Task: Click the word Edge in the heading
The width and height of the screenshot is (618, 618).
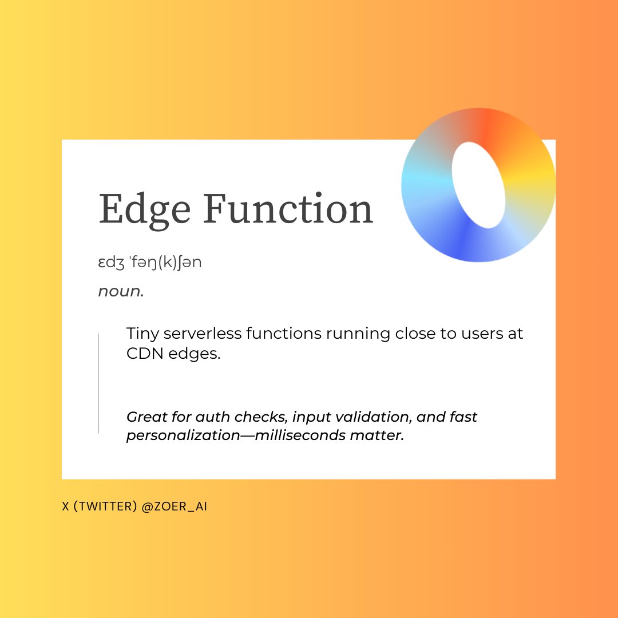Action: (x=145, y=209)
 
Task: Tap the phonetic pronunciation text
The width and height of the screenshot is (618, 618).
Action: (x=150, y=263)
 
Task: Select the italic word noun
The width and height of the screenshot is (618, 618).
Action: (x=120, y=291)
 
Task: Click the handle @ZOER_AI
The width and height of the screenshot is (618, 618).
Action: (x=174, y=507)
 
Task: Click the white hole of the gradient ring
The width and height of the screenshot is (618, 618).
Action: (x=478, y=184)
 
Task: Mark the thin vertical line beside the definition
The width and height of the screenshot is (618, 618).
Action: (x=98, y=383)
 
